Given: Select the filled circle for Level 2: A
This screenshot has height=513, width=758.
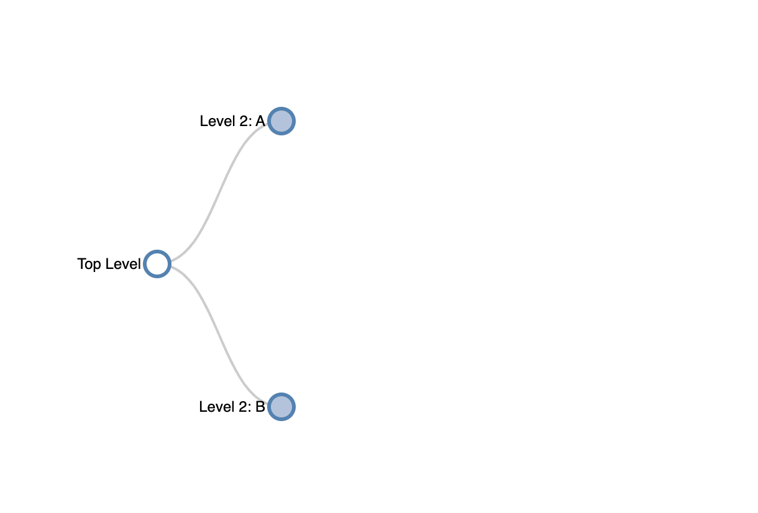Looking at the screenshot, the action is (x=281, y=121).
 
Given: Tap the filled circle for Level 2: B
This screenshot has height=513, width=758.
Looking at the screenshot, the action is (x=281, y=407).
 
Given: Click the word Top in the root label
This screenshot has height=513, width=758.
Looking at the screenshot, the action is (x=89, y=265).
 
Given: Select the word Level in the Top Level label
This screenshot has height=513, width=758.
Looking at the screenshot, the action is (x=123, y=264).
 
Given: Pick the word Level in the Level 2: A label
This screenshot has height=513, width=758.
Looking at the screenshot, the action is (x=217, y=121).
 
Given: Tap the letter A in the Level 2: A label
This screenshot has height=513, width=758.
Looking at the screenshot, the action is (x=260, y=121).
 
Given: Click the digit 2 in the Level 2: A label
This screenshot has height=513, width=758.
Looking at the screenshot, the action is (x=243, y=121).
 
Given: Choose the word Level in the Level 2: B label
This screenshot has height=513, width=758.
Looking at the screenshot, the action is (x=217, y=407).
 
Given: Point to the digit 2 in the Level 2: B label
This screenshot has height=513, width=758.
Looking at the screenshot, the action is (x=242, y=407).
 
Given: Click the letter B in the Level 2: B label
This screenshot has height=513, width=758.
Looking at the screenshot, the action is (x=260, y=407).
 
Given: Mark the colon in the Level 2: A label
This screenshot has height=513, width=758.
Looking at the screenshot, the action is (x=250, y=123).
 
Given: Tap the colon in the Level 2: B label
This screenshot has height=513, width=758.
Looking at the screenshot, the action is (x=249, y=409).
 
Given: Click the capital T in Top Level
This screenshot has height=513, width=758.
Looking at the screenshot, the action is (x=81, y=264).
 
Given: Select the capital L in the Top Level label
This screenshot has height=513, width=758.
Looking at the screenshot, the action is (x=109, y=264).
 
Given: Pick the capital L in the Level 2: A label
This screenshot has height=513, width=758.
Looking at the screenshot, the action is (x=204, y=121).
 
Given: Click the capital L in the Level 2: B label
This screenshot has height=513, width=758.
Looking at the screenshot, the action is (x=203, y=407).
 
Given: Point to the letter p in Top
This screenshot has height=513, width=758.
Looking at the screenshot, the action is (x=97, y=266).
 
